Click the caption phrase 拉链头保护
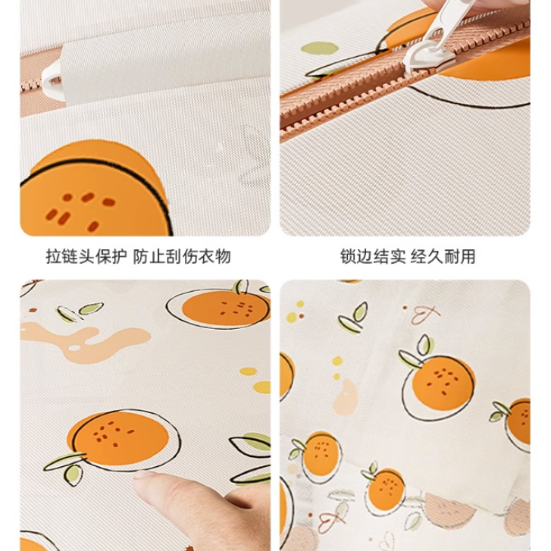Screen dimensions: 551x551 click(x=86, y=256)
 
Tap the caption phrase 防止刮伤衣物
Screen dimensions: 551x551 click(x=182, y=256)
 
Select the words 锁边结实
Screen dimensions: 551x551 click(x=373, y=256)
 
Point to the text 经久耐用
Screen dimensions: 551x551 click(x=443, y=256)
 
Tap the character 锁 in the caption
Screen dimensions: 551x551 click(x=348, y=256)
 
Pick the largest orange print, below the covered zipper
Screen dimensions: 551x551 click(x=95, y=190)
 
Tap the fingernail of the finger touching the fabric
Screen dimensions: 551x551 click(x=145, y=475)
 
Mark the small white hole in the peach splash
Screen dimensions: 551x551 click(x=75, y=348)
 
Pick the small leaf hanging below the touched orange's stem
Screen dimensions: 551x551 click(x=73, y=475)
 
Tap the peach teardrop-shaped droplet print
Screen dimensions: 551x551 click(x=345, y=397)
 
